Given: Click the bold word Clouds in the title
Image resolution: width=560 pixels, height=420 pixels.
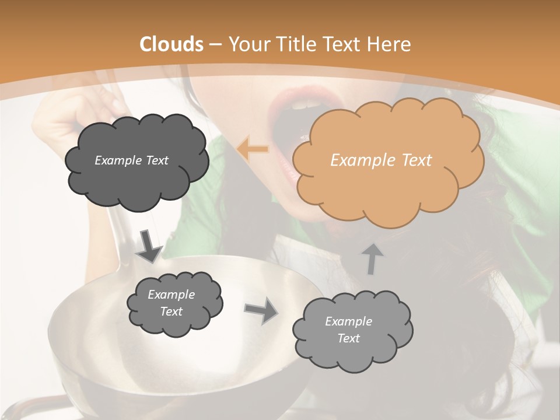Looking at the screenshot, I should (x=171, y=44).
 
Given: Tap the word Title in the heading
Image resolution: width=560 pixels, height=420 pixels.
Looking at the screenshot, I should (x=295, y=44).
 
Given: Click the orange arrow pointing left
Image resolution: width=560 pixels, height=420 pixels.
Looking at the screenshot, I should (x=253, y=149).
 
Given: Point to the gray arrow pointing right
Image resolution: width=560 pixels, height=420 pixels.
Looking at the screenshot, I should (x=261, y=310).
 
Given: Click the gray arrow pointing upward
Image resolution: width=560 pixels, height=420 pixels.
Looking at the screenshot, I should (x=372, y=258).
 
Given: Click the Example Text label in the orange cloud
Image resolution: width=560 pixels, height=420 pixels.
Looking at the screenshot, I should (x=381, y=160).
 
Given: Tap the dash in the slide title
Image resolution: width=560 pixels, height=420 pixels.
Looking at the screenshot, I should (x=215, y=44).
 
